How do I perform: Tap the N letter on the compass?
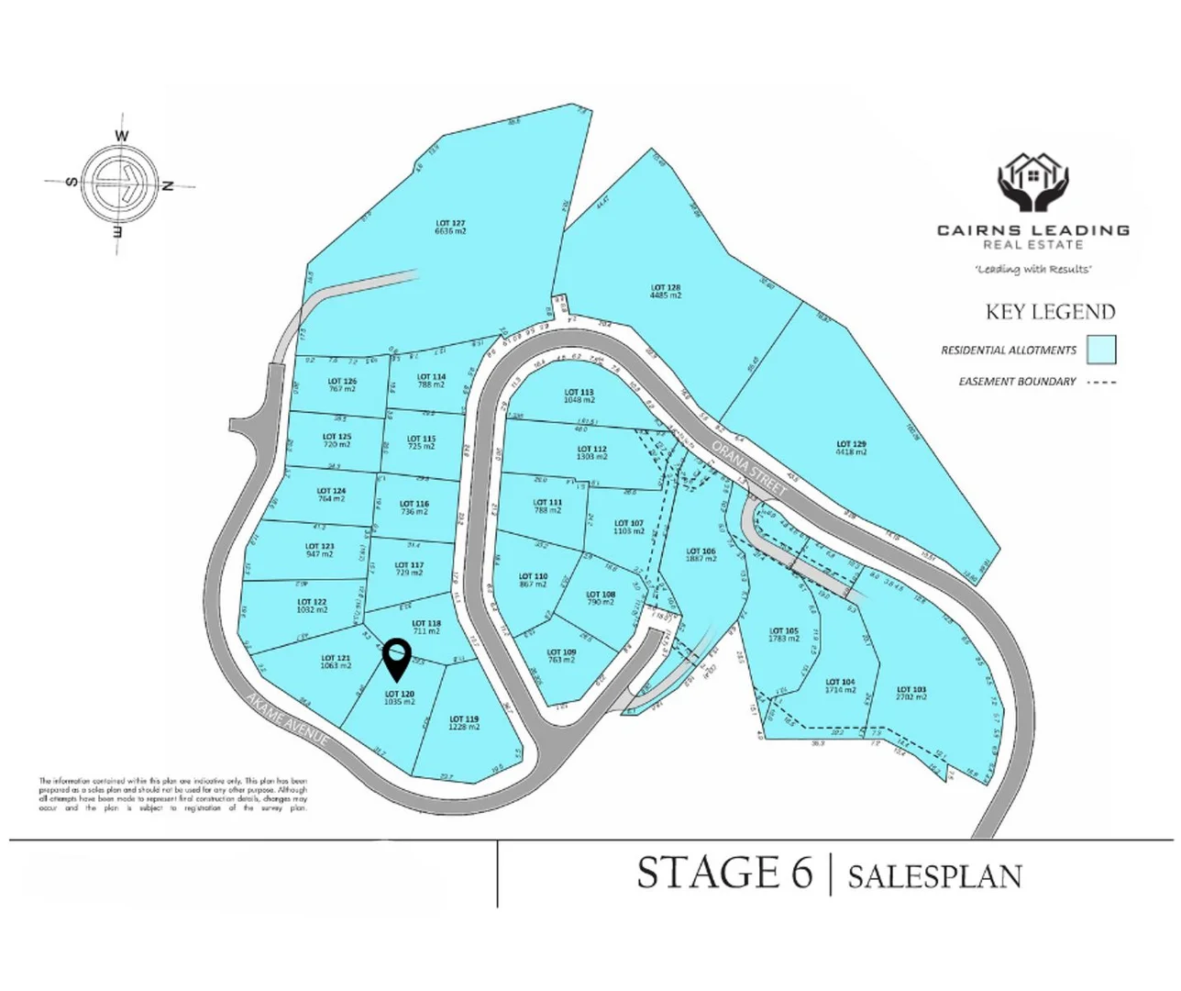tap(167, 186)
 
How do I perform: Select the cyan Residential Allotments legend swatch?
tap(1101, 350)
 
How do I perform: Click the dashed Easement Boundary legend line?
tap(1101, 382)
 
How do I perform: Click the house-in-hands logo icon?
tap(1033, 184)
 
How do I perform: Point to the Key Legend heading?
tap(1050, 312)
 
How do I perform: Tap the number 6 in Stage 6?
tap(799, 873)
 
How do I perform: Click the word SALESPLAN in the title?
tap(934, 876)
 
